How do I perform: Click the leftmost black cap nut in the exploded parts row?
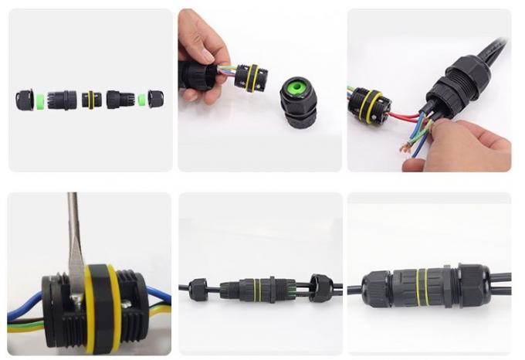click(x=25, y=100)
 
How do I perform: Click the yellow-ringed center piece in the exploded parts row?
click(x=91, y=100)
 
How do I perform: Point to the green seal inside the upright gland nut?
click(x=296, y=87)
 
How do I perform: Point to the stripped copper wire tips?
click(x=406, y=147)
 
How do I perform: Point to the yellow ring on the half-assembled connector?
click(x=257, y=290)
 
